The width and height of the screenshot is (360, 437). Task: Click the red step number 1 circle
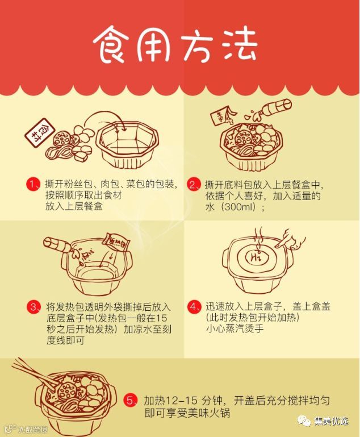tap(33, 184)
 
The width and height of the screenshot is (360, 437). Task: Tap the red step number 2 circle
tap(194, 184)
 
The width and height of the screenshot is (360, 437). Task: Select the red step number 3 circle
tap(34, 307)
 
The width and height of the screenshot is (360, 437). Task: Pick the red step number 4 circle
tap(194, 306)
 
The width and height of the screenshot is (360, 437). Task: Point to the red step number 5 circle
tap(130, 401)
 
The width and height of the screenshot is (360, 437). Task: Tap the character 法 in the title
tap(240, 44)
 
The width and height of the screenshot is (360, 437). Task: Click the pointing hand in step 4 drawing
tap(290, 239)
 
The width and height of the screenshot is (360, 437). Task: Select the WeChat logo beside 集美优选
tap(304, 421)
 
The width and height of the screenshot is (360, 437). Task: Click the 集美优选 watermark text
tap(331, 421)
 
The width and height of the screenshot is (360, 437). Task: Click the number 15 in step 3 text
tap(162, 318)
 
